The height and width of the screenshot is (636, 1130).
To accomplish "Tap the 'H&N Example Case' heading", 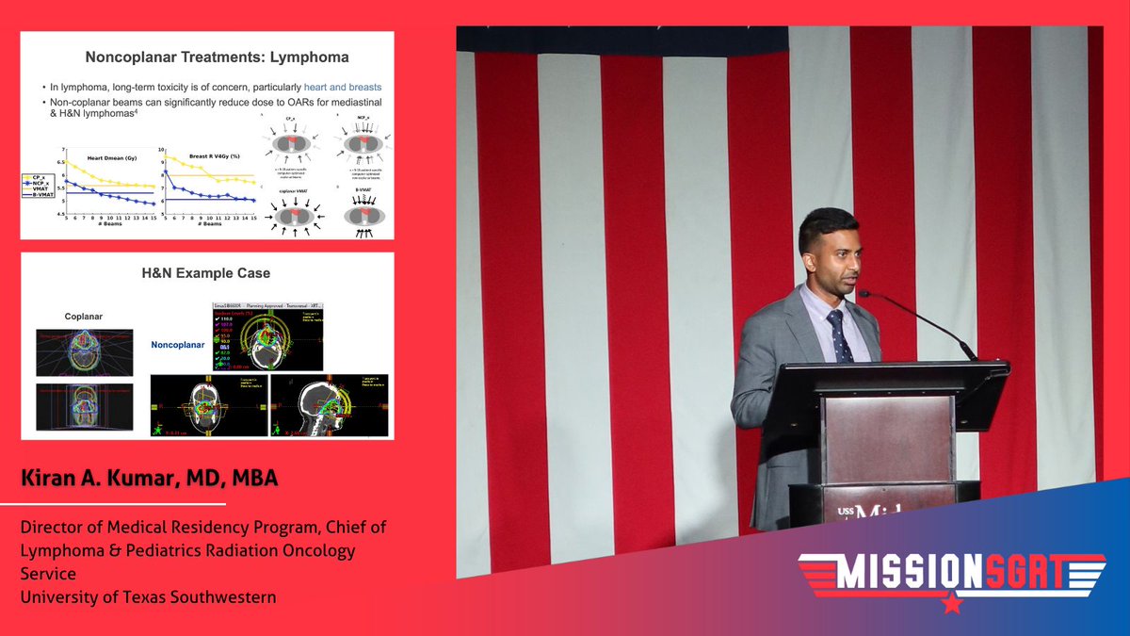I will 206,273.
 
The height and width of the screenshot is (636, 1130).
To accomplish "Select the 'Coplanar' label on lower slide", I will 86,317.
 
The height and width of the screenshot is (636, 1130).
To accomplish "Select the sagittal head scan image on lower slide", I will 329,405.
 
